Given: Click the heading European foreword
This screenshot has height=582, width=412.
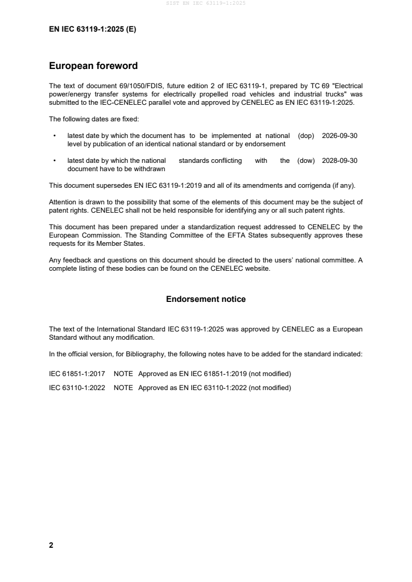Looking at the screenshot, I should tap(93, 66).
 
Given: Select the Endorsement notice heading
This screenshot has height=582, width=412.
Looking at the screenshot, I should tap(206, 299).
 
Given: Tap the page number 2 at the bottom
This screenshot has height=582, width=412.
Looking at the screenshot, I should tap(51, 545).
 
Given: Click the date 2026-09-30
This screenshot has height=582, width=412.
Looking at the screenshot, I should tap(340, 135).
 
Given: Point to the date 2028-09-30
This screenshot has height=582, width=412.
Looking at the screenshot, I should tap(340, 161).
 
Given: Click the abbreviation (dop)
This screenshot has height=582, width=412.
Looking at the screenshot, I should tap(307, 135).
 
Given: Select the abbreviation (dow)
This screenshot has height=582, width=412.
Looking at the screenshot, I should tap(306, 161).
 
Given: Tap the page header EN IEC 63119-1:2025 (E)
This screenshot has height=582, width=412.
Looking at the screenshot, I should tap(92, 30).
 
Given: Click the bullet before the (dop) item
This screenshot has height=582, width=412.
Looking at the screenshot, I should tap(55, 136).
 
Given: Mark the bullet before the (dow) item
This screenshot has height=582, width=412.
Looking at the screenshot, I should tap(55, 161).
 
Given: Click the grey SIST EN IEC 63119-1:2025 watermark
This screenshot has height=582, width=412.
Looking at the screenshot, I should tap(206, 3).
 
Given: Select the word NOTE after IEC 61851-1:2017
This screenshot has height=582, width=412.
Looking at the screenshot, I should tap(123, 374).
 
